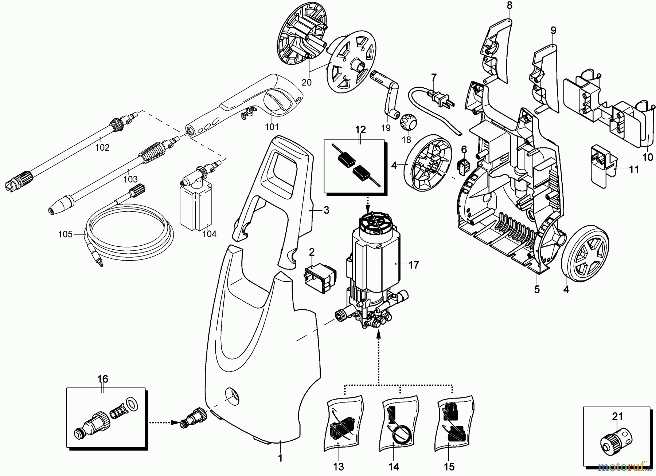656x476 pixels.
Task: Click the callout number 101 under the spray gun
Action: coord(272,127)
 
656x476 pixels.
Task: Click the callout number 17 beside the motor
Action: coord(413,265)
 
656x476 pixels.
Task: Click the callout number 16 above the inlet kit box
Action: coord(103,379)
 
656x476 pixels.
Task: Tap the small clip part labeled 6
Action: coord(463,167)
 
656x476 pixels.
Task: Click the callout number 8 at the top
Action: coord(509,5)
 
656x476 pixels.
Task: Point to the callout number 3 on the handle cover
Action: coord(326,210)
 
